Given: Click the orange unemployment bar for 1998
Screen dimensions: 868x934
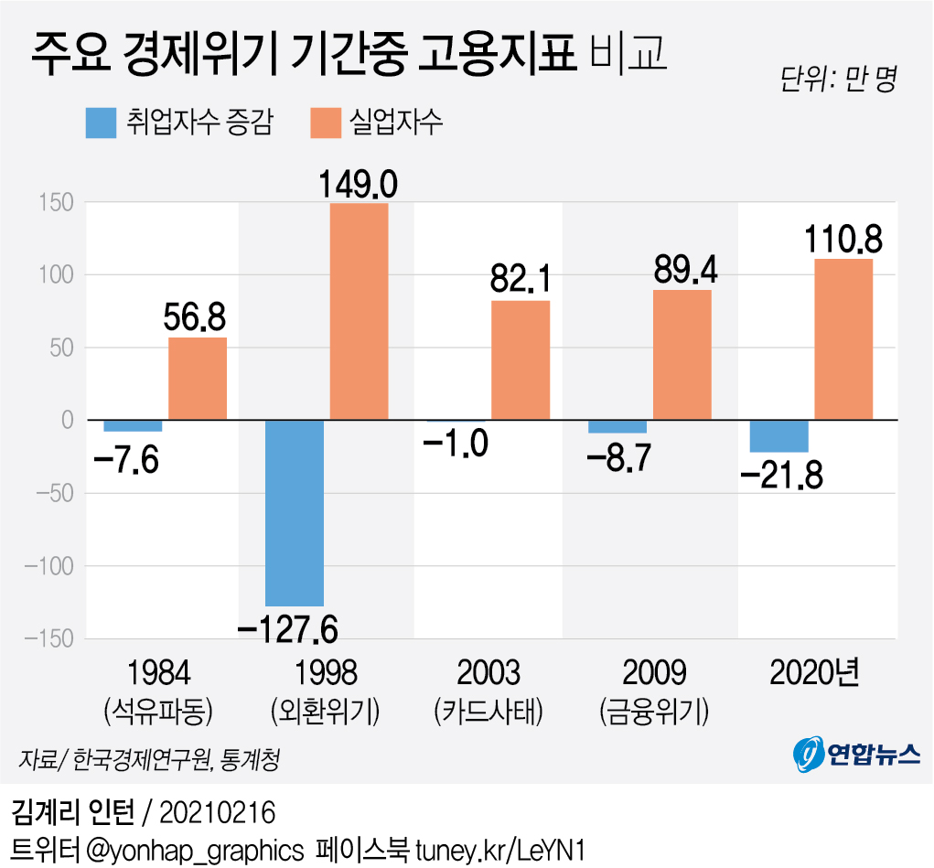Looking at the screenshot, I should (x=359, y=311).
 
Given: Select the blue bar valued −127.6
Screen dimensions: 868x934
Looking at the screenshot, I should (x=295, y=512).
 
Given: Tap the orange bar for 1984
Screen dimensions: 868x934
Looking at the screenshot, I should (x=198, y=379).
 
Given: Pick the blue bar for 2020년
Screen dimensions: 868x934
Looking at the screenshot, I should (x=778, y=435).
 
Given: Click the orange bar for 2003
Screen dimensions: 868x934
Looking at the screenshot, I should (x=521, y=360).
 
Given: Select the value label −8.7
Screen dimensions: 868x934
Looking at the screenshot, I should (x=617, y=455).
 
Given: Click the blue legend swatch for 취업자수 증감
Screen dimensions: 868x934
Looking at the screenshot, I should (x=101, y=123).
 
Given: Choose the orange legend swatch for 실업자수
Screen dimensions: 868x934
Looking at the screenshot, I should (x=326, y=123).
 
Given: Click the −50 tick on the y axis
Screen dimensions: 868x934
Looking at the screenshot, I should (x=53, y=493).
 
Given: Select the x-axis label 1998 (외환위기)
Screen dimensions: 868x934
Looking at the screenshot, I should (x=327, y=690).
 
